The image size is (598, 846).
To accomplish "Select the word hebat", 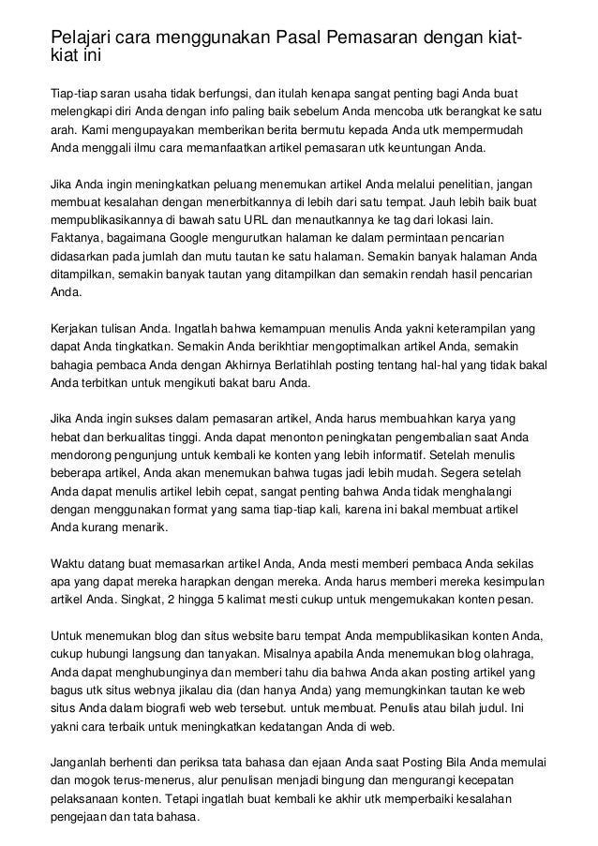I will click(x=66, y=436).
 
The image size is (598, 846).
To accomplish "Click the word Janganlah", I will click(x=82, y=761).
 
